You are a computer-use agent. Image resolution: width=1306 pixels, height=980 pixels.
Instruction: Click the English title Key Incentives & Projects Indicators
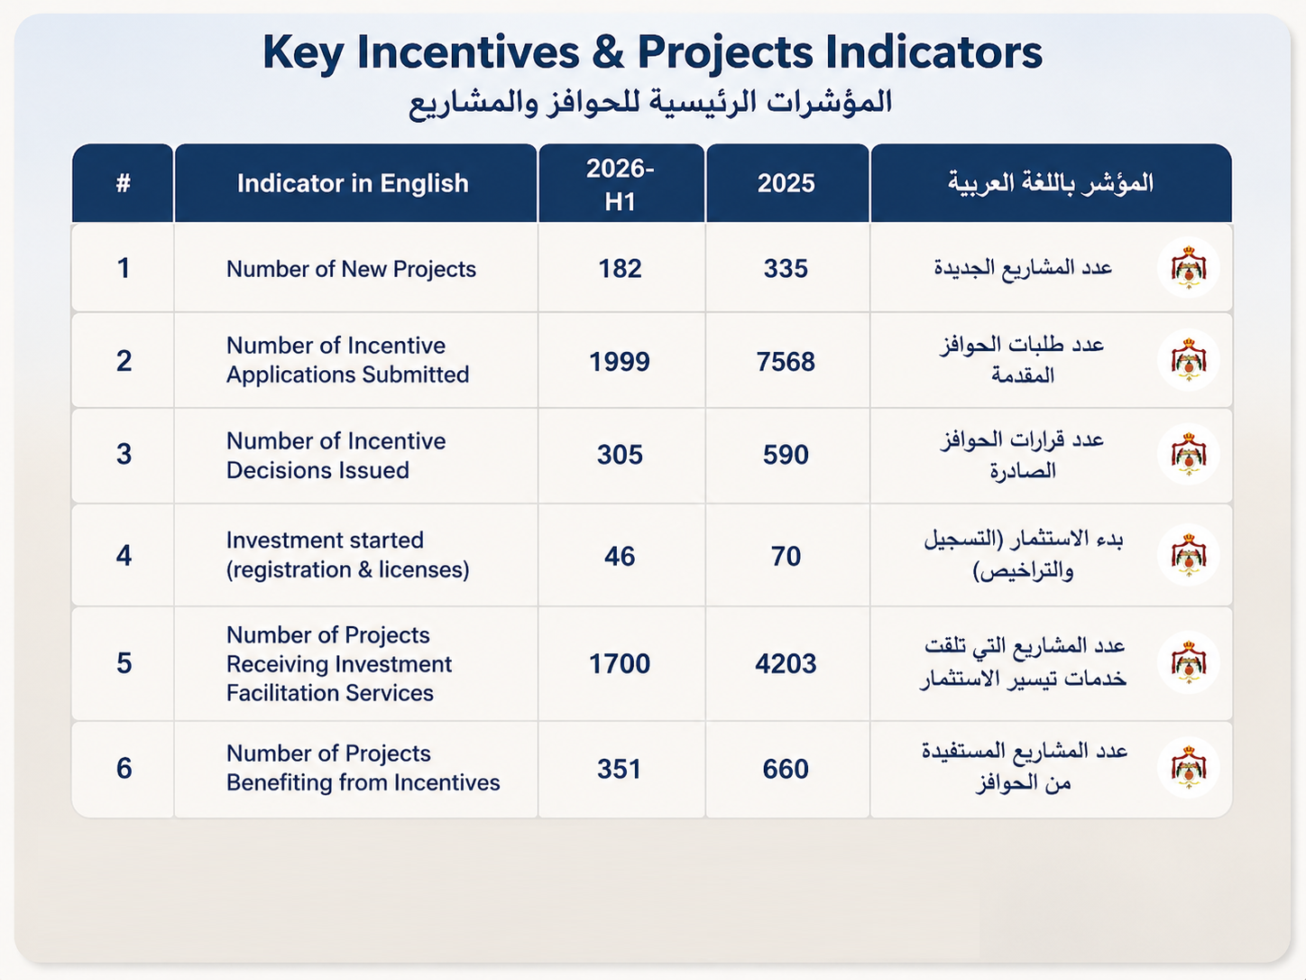(652, 52)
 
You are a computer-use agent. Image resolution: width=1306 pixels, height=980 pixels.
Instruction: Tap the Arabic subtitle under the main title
(650, 103)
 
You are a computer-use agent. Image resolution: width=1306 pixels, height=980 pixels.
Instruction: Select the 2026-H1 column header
(620, 184)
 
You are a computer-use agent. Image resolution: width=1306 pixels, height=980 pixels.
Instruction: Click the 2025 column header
(786, 183)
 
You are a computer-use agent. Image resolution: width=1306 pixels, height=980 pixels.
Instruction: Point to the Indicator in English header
(353, 183)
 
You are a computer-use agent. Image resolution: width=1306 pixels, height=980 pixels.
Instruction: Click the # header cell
(124, 183)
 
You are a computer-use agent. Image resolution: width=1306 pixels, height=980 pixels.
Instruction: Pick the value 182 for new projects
(620, 268)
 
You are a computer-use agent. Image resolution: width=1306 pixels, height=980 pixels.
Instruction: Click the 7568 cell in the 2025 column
(786, 362)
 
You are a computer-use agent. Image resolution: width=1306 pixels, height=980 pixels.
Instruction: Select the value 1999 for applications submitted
(620, 362)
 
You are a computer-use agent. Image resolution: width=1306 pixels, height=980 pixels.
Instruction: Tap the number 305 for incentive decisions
(620, 455)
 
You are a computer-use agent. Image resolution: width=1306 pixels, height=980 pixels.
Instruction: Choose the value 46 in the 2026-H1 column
(620, 557)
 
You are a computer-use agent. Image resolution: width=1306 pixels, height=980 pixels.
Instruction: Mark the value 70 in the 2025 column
(786, 557)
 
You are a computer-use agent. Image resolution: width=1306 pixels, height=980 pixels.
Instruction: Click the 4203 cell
(786, 663)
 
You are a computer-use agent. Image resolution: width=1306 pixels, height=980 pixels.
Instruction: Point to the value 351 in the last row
(620, 770)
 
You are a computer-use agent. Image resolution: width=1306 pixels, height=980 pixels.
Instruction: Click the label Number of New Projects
(351, 269)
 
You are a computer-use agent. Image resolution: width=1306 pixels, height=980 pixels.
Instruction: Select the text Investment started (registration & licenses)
(348, 555)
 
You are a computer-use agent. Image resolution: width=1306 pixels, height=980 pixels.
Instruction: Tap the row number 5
(124, 663)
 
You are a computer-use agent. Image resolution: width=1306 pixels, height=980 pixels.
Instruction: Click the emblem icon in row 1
(1189, 268)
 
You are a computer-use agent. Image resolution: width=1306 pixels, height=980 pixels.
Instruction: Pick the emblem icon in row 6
(1189, 768)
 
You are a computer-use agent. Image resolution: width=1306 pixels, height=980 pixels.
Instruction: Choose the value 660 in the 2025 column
(786, 770)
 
